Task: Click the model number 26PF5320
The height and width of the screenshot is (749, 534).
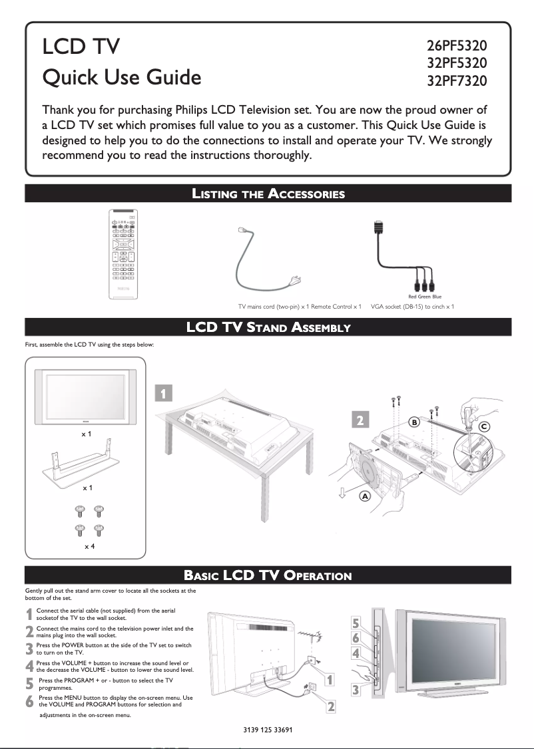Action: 457,47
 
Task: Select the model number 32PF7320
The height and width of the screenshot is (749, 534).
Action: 457,82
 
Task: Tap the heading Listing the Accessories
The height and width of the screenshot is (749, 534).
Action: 268,194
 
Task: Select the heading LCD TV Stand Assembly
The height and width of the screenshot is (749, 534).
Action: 268,328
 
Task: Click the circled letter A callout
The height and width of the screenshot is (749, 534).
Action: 366,496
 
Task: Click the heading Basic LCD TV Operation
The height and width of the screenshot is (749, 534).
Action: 268,575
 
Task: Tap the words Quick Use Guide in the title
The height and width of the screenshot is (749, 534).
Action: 121,78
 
